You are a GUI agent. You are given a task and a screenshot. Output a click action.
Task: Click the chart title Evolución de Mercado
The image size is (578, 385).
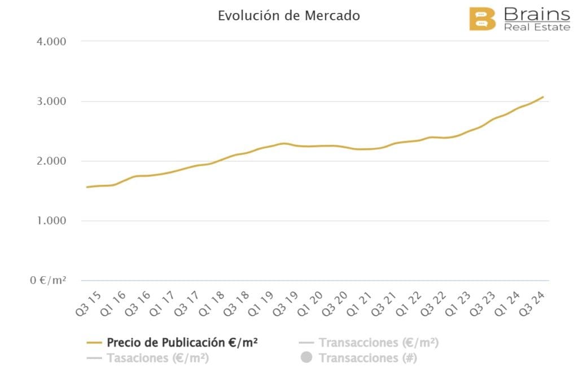288,16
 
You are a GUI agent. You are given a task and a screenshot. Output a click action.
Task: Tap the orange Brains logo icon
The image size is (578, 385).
482,19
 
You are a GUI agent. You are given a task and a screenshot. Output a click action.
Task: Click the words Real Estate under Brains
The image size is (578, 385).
536,26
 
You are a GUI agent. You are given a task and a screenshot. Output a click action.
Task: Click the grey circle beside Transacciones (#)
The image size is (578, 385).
306,358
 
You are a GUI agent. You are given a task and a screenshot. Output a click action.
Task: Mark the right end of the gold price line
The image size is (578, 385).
543,97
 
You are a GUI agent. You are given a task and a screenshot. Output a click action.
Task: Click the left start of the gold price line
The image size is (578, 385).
86,187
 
